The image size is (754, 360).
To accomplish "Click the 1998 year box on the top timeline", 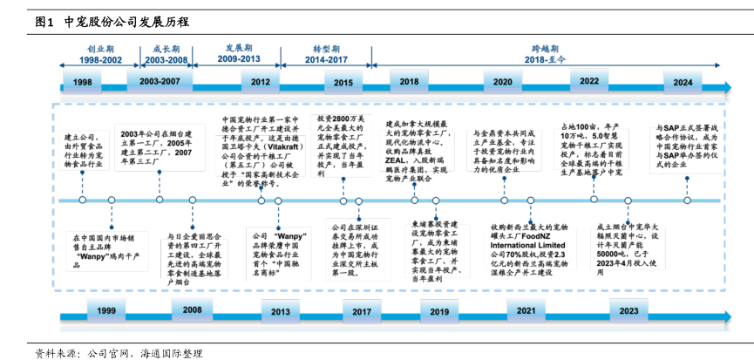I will pos(83,81).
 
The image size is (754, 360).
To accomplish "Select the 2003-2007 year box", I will pos(160,80).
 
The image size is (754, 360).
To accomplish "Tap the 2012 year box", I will pos(261,81).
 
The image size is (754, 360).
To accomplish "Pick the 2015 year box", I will pos(343,81).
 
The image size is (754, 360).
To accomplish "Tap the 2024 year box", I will pos(683,81).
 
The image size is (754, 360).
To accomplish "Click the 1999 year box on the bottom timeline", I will pos(106,311).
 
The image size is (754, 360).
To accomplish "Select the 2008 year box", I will pos(193,310).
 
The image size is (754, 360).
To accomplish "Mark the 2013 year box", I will pos(281,311).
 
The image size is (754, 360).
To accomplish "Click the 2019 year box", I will pos(440,311).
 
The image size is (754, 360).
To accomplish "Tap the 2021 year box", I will pos(526,310).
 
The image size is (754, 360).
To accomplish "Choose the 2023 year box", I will pos(628,310).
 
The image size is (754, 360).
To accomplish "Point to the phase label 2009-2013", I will pos(240,58).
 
